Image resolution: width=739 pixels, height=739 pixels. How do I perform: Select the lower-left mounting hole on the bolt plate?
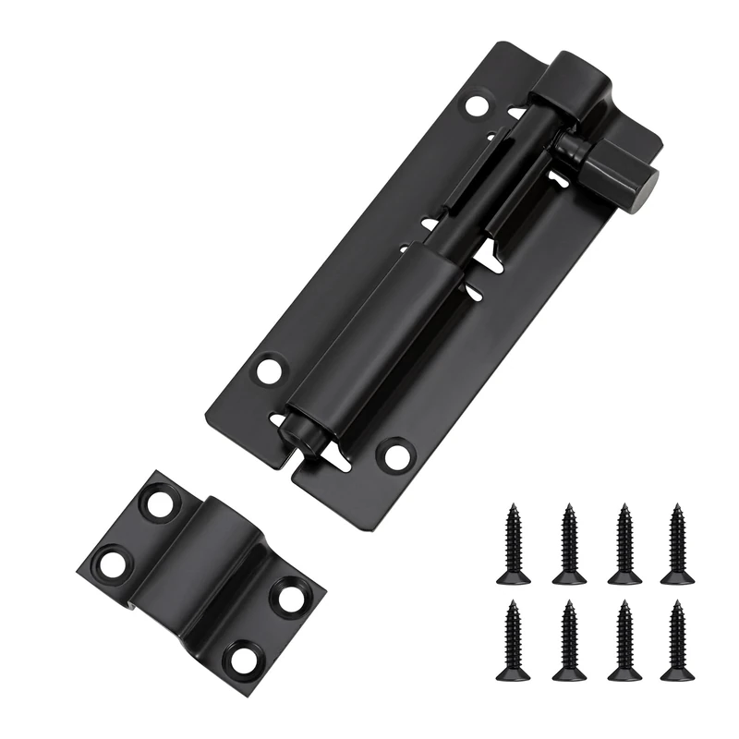[269, 371]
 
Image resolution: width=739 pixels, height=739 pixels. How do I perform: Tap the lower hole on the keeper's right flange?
[244, 657]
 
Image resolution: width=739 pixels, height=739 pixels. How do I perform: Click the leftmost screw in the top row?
[514, 544]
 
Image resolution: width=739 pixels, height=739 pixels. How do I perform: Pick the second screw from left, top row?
[569, 544]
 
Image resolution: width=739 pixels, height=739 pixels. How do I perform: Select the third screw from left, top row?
[624, 544]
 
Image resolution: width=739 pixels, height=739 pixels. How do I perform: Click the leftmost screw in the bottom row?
[514, 640]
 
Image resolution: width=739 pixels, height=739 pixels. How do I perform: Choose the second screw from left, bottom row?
[569, 640]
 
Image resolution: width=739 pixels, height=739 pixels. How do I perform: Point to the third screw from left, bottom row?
[624, 640]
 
